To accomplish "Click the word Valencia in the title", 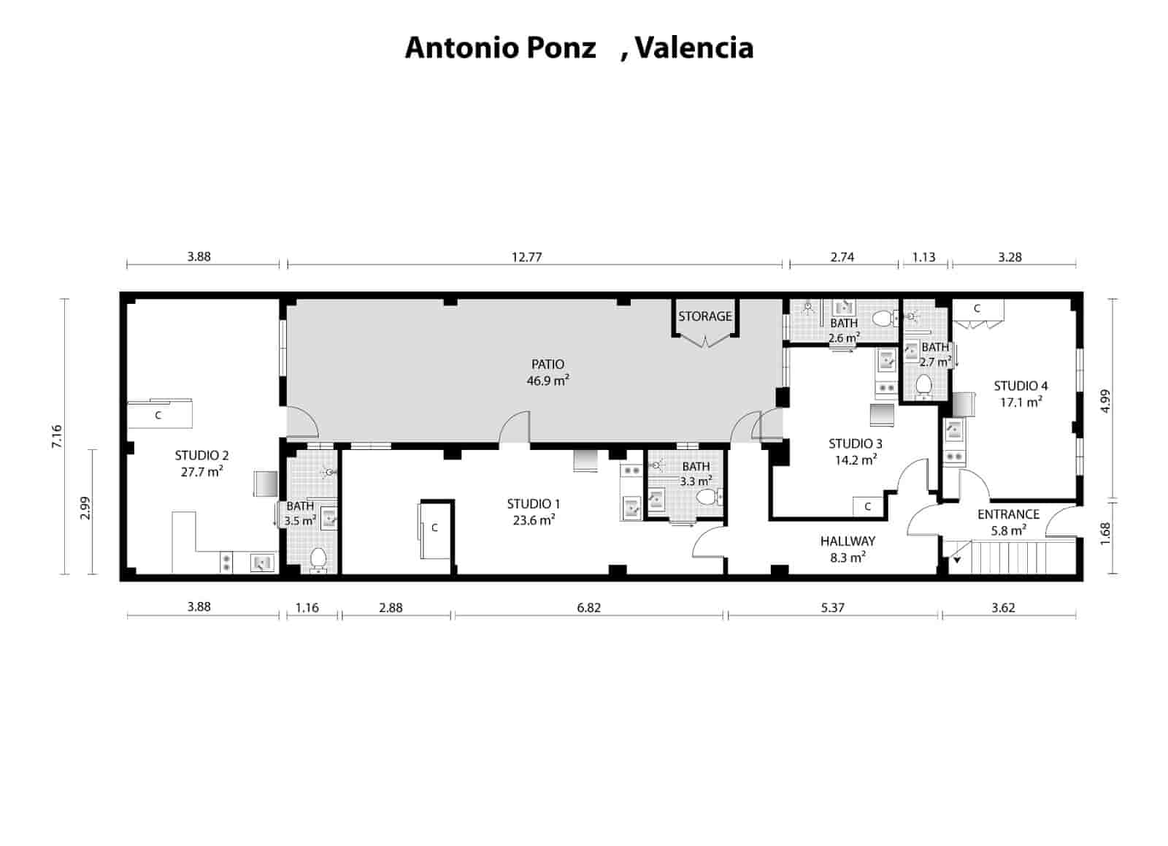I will (694, 48).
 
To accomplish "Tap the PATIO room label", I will (547, 364).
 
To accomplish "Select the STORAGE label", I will (704, 316).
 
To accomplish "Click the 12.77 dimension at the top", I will (526, 257).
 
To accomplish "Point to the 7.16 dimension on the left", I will (58, 437).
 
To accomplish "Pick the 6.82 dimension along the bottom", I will (588, 607).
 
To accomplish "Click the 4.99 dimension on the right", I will (1104, 401).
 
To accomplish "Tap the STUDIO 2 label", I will (201, 455).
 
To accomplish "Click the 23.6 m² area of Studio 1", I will (533, 520).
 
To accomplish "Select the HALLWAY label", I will (848, 541).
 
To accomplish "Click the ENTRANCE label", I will (1008, 514).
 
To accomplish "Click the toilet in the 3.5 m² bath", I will (318, 559).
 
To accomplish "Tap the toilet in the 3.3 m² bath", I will (707, 498).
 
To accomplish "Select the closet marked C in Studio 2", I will (159, 415).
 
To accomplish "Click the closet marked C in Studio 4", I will (977, 309).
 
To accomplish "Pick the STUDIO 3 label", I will (855, 443).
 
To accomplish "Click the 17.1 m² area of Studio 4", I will (1021, 403).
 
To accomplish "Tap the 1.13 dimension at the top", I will (924, 257).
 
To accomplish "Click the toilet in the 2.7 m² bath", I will (924, 384).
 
